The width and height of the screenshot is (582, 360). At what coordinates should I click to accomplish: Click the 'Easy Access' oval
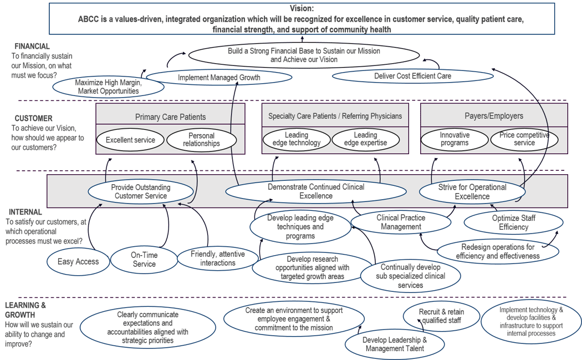[78, 261]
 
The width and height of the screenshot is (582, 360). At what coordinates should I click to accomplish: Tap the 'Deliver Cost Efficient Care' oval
[412, 76]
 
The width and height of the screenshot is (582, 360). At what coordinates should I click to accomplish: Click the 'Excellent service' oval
[131, 140]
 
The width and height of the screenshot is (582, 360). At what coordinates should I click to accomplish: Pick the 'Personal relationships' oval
[201, 139]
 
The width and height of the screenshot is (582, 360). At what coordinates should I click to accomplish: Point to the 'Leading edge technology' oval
[297, 139]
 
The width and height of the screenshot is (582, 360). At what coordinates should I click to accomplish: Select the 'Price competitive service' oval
[524, 139]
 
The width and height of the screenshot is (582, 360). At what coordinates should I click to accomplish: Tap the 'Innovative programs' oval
[455, 139]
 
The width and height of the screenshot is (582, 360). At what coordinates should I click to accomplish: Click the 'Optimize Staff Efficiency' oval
[513, 222]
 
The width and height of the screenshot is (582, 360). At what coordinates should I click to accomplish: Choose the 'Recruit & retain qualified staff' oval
[442, 316]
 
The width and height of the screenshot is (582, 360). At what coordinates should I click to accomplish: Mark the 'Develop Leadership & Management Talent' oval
[395, 344]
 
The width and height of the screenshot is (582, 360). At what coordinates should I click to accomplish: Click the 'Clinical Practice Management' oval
[401, 222]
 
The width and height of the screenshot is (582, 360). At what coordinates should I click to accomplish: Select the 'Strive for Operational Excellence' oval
[472, 191]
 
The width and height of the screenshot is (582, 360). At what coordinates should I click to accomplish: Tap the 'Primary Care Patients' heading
[170, 117]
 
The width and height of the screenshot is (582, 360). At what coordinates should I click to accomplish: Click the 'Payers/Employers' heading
[493, 116]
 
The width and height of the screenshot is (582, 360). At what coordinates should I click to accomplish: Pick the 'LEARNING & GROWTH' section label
[25, 310]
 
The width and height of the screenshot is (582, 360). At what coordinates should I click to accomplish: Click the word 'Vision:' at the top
[302, 8]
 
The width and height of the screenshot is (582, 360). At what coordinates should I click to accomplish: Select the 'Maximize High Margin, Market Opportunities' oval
[108, 87]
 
